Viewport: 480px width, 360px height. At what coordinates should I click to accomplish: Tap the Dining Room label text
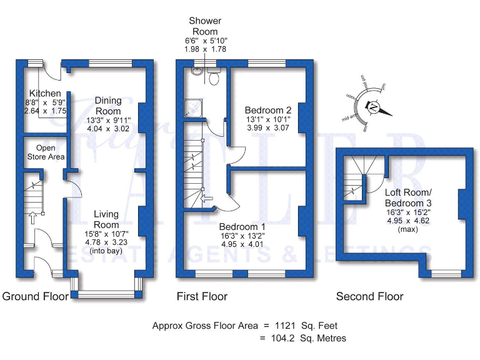pyautogui.click(x=108, y=105)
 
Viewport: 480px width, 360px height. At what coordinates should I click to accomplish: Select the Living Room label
pyautogui.click(x=106, y=220)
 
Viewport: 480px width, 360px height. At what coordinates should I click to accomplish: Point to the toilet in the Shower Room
pyautogui.click(x=214, y=77)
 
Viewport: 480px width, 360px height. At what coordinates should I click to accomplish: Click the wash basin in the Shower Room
pyautogui.click(x=197, y=71)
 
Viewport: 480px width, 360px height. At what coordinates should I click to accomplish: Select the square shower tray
pyautogui.click(x=191, y=109)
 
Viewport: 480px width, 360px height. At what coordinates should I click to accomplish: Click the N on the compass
pyautogui.click(x=374, y=107)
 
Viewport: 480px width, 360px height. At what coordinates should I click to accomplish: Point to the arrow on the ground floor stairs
pyautogui.click(x=31, y=217)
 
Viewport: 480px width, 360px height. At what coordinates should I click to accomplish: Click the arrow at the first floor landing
pyautogui.click(x=207, y=198)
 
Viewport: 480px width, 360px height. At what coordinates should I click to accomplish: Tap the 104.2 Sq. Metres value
pyautogui.click(x=307, y=338)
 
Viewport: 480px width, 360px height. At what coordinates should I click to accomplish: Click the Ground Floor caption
pyautogui.click(x=36, y=296)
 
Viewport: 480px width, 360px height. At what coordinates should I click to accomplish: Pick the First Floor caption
pyautogui.click(x=202, y=296)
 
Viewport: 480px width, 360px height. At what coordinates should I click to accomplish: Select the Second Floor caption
pyautogui.click(x=369, y=296)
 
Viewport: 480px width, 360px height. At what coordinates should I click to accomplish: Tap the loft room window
pyautogui.click(x=446, y=272)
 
